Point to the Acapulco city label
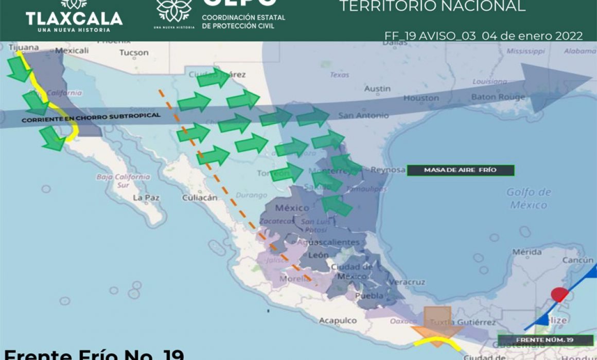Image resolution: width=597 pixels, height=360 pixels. pyautogui.click(x=338, y=320)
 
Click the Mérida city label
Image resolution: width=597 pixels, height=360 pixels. pyautogui.click(x=526, y=252)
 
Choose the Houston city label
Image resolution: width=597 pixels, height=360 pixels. pyautogui.click(x=421, y=98)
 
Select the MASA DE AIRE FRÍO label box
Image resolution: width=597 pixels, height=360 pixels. pyautogui.click(x=460, y=170)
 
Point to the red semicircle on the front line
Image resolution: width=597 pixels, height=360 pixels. pyautogui.click(x=558, y=295)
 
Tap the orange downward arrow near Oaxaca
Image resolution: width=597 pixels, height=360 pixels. pyautogui.click(x=437, y=321)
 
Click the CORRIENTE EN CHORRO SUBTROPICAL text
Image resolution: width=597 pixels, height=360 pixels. pyautogui.click(x=91, y=117)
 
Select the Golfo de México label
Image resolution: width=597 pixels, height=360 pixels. pyautogui.click(x=529, y=199)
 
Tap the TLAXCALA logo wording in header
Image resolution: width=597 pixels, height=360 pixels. pyautogui.click(x=74, y=19)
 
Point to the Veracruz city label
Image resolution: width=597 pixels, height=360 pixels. pyautogui.click(x=408, y=282)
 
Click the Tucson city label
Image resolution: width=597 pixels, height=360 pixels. pyautogui.click(x=134, y=52)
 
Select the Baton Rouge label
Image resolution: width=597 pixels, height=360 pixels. pyautogui.click(x=498, y=97)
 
